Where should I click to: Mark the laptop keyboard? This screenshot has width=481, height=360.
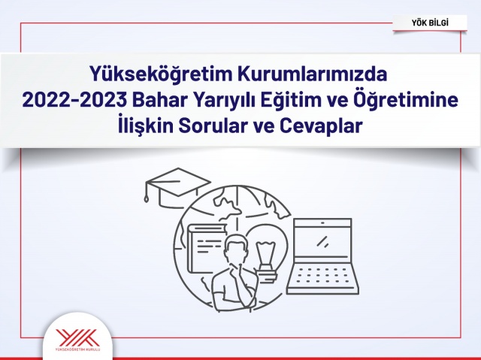click(322, 277)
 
